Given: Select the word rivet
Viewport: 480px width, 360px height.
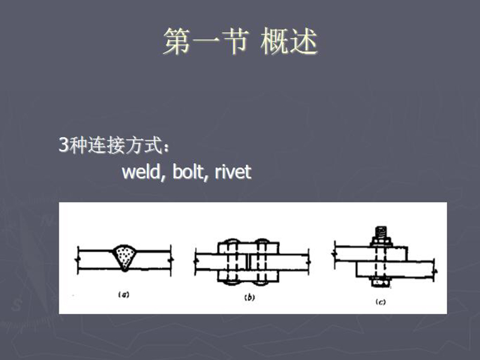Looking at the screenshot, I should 233,172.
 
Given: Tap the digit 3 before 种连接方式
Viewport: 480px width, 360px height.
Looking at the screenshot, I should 63,145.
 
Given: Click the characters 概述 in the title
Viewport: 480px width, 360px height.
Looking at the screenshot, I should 289,43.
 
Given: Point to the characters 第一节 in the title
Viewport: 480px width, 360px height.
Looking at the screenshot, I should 205,43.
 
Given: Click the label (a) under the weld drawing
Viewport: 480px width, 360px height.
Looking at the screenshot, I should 124,294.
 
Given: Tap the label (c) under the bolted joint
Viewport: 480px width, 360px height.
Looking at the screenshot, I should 380,302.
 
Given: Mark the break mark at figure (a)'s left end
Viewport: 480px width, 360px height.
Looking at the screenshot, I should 78,259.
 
